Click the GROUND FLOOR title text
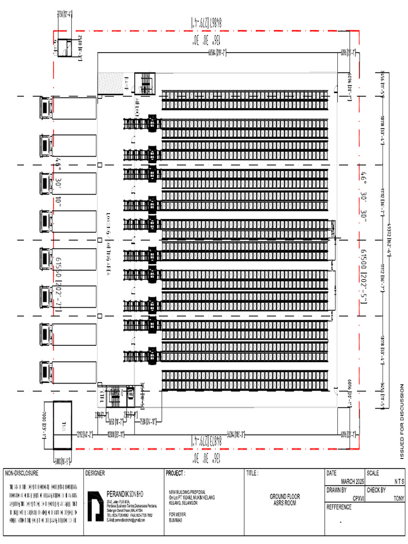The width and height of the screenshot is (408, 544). point(285,496)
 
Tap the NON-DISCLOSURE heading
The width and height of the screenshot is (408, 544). point(23,472)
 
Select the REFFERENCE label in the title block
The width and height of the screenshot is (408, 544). point(339,507)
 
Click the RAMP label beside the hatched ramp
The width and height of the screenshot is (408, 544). point(127,82)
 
